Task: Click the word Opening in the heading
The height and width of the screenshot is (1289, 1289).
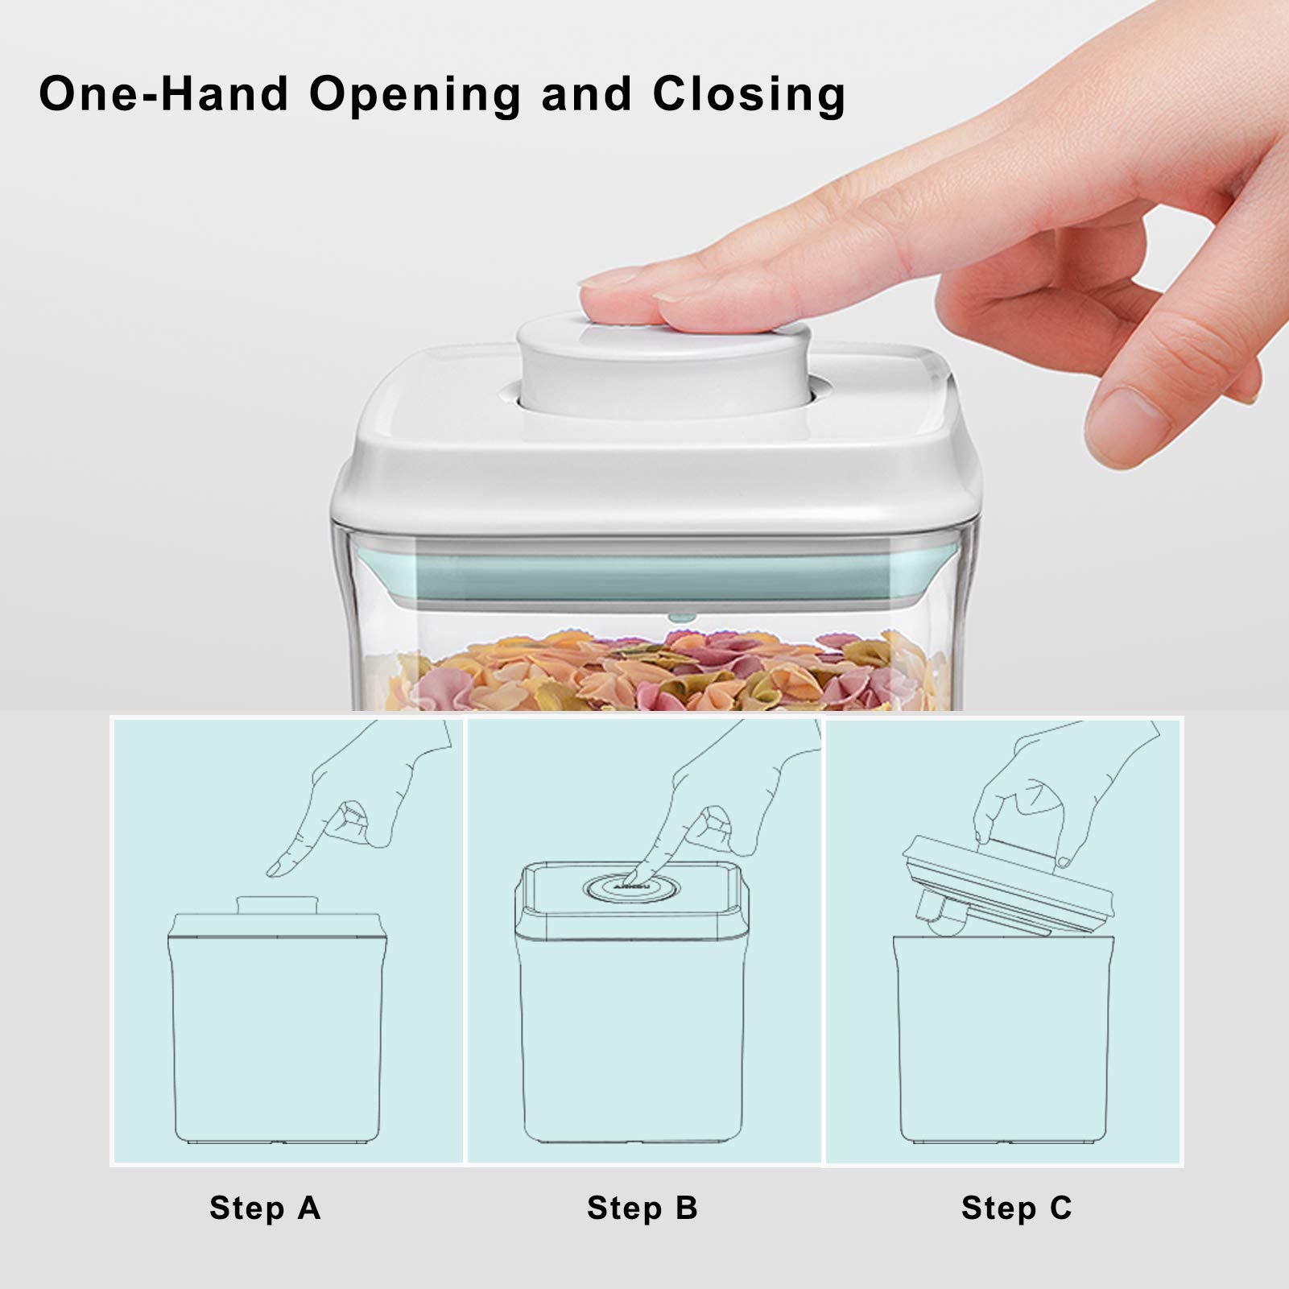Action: pos(415,95)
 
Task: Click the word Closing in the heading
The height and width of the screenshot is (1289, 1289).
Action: pos(749,95)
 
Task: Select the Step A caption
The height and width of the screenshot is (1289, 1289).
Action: pos(265,1208)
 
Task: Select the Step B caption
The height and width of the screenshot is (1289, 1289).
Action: pos(642,1208)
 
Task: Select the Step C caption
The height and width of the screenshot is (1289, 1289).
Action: pos(1016,1208)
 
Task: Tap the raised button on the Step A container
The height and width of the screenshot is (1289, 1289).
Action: pos(278,905)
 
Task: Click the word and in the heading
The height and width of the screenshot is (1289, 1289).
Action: pos(587,95)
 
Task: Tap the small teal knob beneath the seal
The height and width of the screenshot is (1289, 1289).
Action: pos(681,618)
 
